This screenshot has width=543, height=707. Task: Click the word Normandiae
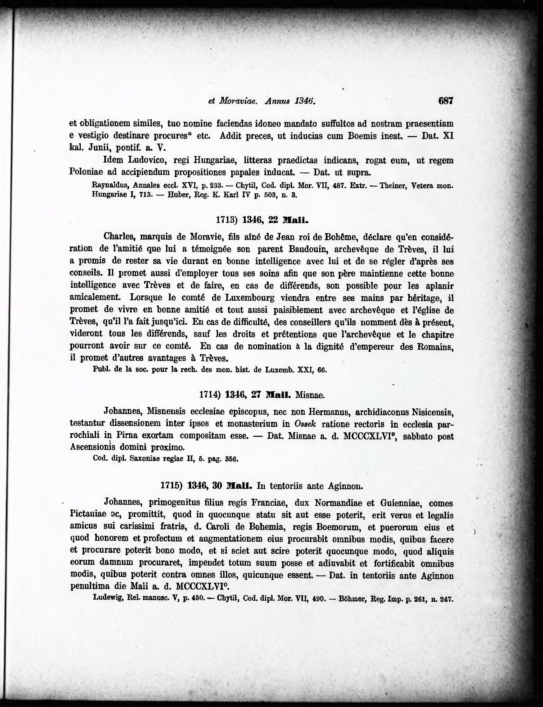[338, 503]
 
